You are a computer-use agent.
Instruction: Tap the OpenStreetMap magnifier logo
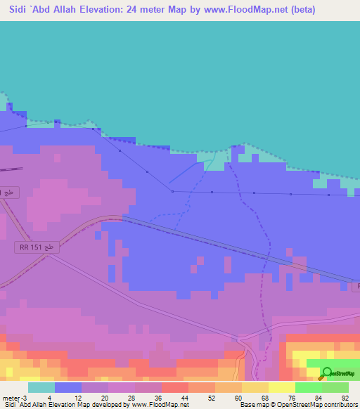[x=326, y=373]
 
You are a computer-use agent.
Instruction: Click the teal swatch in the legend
[x=41, y=387]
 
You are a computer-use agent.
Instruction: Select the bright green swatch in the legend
[x=309, y=387]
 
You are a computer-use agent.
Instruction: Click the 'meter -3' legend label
[x=15, y=397]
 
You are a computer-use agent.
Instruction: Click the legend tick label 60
[x=240, y=397]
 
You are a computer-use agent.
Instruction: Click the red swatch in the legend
[x=175, y=387]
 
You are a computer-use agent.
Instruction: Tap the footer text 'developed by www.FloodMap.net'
[x=141, y=405]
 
